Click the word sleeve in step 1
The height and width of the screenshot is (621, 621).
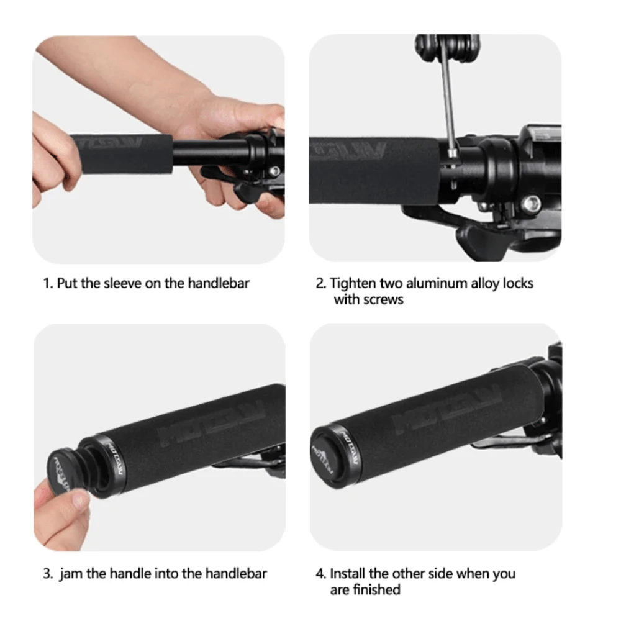(x=122, y=283)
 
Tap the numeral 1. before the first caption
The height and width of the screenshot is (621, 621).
(x=48, y=283)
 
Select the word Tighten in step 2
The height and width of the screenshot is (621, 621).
(x=351, y=283)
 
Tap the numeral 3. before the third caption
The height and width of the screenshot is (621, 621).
(x=48, y=573)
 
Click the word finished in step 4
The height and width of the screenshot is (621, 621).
(x=376, y=589)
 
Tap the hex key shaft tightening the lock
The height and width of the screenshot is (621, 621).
(x=447, y=106)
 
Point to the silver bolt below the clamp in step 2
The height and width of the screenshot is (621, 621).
(x=533, y=203)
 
